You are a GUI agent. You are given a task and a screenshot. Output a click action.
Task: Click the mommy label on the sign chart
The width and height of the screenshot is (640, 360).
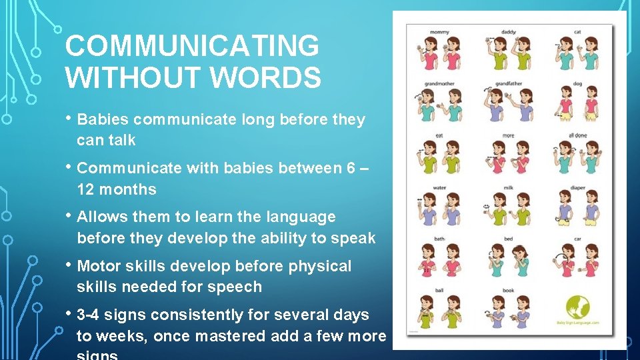(439, 31)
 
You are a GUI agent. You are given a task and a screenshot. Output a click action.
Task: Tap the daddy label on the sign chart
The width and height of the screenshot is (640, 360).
(509, 31)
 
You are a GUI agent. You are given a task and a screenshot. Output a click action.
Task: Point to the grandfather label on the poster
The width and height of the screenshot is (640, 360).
(509, 84)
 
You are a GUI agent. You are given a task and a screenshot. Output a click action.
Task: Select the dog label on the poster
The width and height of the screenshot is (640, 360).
(577, 84)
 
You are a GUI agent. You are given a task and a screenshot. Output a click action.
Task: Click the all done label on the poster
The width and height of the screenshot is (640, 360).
(577, 135)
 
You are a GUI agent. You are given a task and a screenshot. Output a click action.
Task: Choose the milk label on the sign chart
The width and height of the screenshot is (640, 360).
(509, 187)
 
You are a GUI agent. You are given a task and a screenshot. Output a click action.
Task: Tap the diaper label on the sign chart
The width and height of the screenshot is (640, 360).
(577, 187)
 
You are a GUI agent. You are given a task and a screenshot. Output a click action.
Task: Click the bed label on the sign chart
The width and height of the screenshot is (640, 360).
(509, 239)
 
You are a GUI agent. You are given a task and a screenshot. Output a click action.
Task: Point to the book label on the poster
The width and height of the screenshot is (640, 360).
(509, 291)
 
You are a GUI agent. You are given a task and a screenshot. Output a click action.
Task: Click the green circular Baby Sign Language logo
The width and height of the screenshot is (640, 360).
(578, 308)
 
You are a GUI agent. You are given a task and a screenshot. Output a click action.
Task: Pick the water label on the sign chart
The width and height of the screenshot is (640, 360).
(439, 187)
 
